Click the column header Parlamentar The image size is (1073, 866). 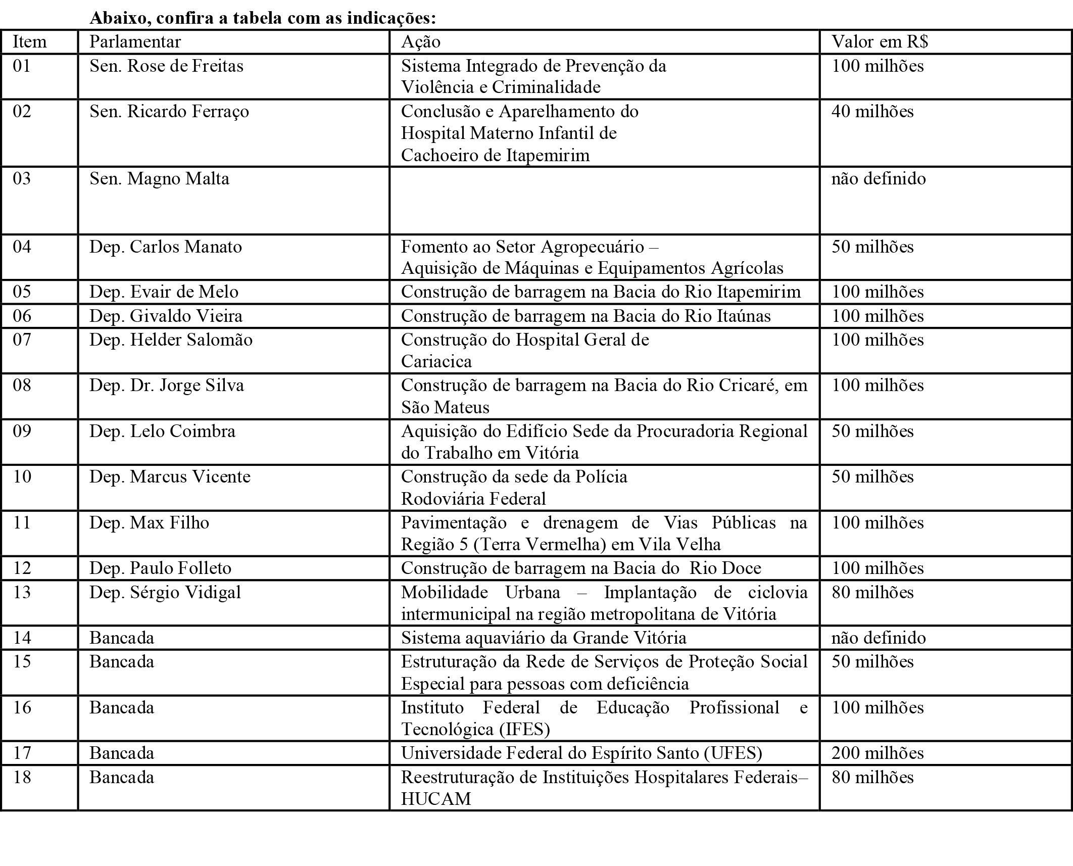[x=135, y=41]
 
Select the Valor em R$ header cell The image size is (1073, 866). [x=880, y=41]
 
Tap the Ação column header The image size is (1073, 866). [x=420, y=41]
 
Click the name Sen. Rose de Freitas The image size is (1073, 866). [x=166, y=66]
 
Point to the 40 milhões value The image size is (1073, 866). [x=872, y=111]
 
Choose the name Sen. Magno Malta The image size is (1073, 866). [x=159, y=179]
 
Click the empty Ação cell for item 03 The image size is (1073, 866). [x=604, y=201]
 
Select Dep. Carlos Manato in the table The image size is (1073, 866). [x=166, y=247]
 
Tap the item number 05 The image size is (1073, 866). [x=22, y=292]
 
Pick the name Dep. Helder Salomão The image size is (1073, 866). [x=171, y=340]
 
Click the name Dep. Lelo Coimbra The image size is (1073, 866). [x=162, y=431]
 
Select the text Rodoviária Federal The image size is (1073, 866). [x=473, y=499]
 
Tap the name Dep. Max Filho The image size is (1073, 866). [x=149, y=522]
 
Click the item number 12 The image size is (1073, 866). [x=22, y=568]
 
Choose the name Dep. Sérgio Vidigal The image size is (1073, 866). [x=165, y=592]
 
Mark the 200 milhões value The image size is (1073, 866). [x=877, y=753]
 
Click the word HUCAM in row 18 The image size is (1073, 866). [x=435, y=799]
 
